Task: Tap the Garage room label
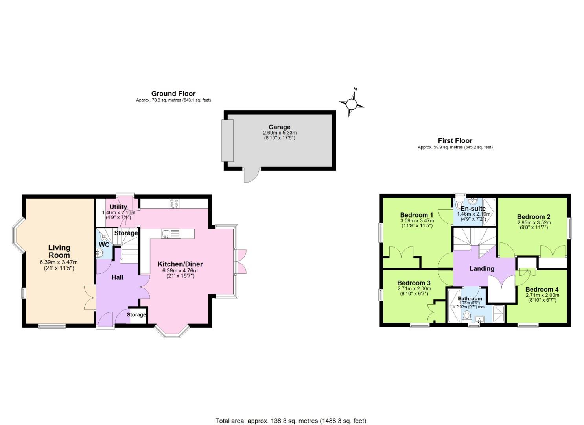click(279, 127)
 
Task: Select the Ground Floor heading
click(173, 94)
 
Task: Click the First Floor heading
click(455, 140)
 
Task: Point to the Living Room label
click(59, 251)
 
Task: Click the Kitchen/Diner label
click(180, 264)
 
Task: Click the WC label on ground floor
click(104, 245)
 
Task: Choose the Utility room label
click(118, 207)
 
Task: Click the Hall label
click(117, 277)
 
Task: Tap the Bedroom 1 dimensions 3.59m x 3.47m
click(416, 221)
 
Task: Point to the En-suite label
click(473, 209)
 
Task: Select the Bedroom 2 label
click(533, 217)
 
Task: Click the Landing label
click(482, 269)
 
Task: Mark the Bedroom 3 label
click(414, 283)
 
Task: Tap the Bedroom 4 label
click(542, 289)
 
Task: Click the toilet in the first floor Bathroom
click(467, 316)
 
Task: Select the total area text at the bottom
click(291, 421)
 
